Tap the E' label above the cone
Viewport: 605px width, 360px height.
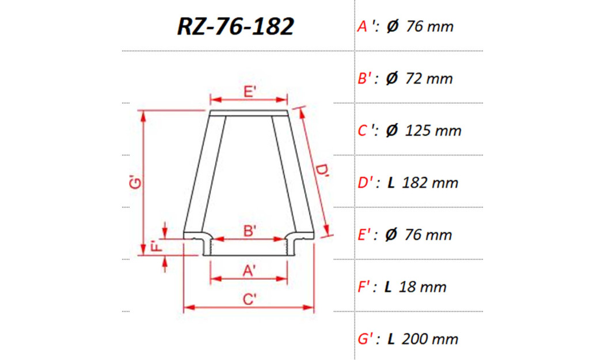point(249,92)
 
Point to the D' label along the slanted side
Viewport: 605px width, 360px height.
point(322,173)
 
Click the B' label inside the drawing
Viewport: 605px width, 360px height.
point(249,231)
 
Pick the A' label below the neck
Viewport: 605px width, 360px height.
point(249,270)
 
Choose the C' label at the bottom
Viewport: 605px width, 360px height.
point(249,299)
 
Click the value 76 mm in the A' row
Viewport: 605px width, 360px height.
point(429,26)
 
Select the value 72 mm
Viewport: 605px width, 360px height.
point(429,78)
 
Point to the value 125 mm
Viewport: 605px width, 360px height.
point(433,131)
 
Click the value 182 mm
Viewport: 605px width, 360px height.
point(431,183)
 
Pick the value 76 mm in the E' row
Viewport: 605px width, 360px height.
point(429,235)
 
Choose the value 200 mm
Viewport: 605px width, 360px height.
point(431,339)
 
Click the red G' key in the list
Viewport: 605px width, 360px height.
point(367,339)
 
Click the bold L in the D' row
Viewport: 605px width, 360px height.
point(391,183)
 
